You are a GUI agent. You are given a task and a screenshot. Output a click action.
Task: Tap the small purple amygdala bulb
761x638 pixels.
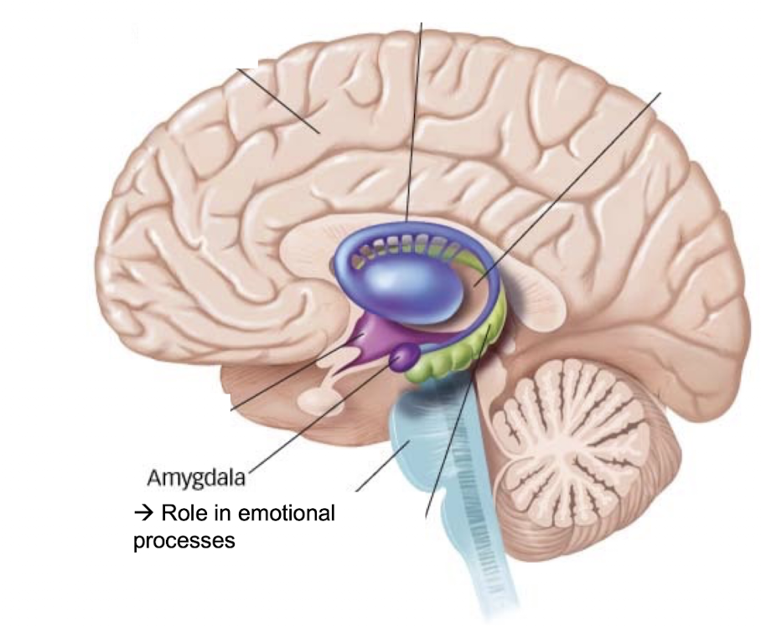coord(405,357)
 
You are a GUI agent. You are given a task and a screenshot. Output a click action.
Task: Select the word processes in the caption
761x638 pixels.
coord(184,541)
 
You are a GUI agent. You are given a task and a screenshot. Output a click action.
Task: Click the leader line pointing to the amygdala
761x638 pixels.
coord(318,419)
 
